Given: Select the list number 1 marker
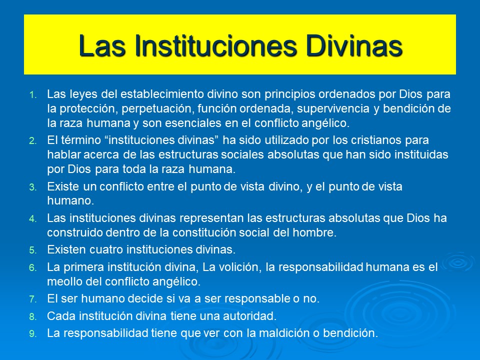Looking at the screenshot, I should coord(33,94).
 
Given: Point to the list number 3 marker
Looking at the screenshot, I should coord(33,187).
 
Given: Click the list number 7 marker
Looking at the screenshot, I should coord(33,299).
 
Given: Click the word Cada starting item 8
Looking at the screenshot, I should coord(60,316).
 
